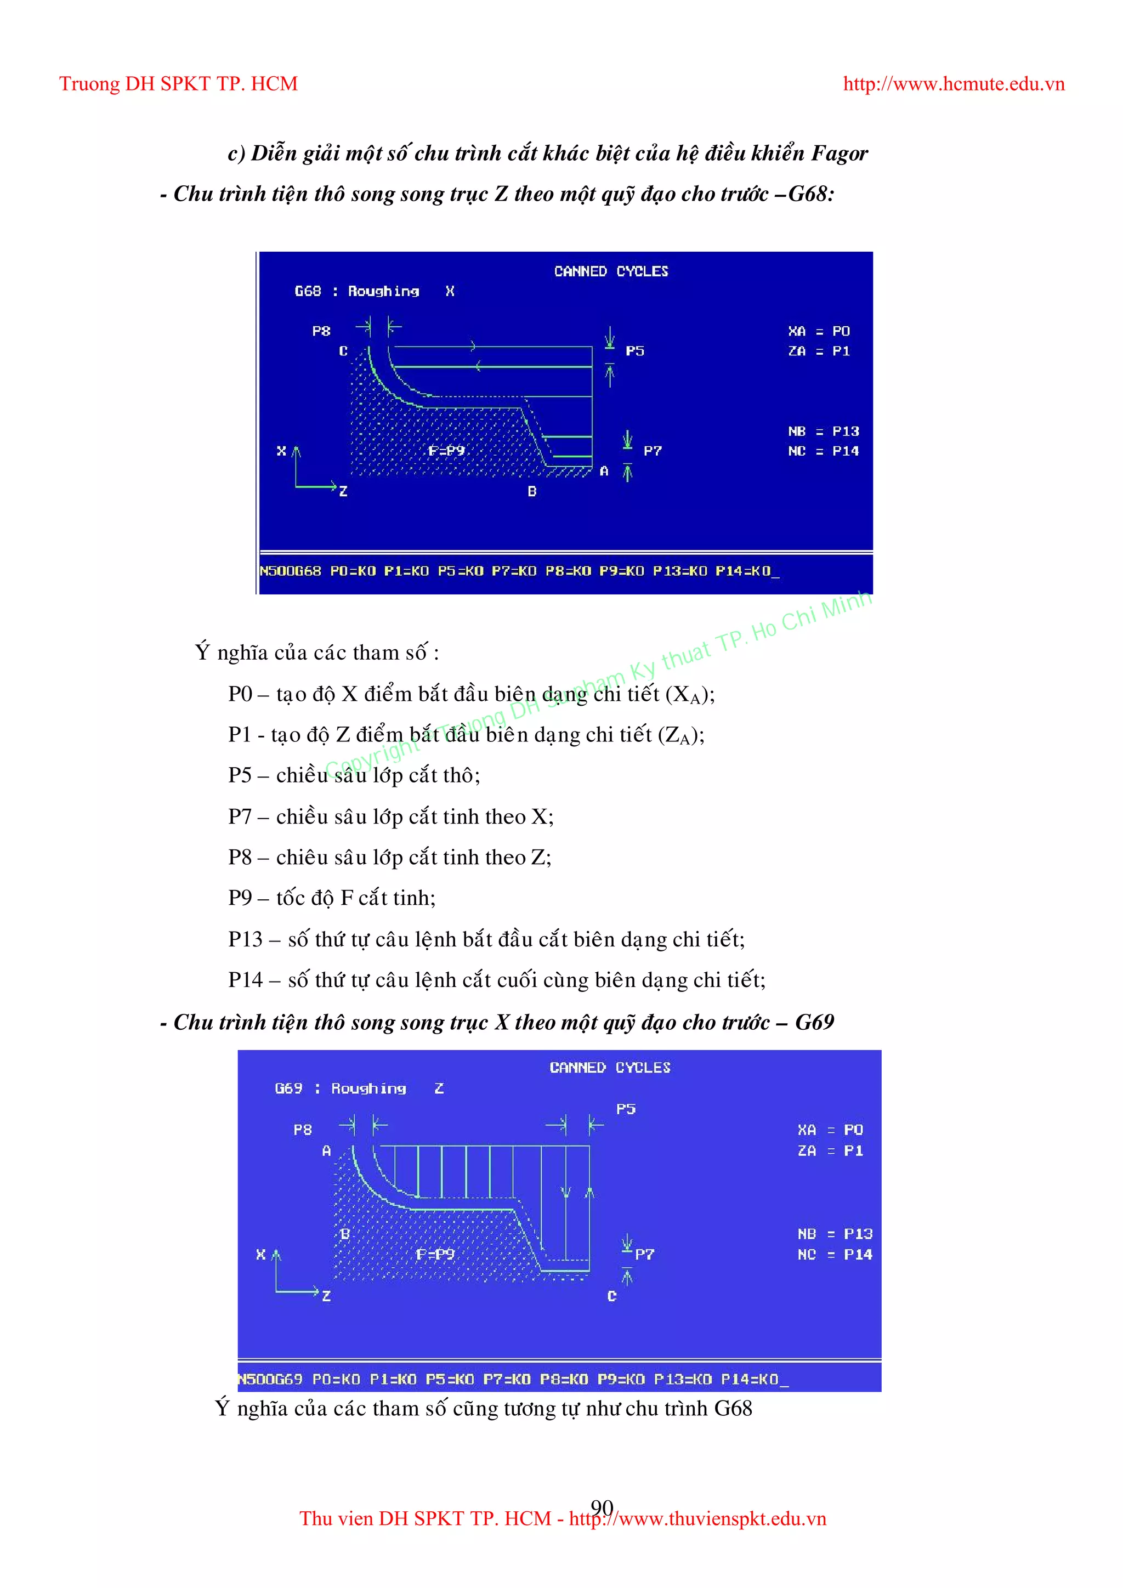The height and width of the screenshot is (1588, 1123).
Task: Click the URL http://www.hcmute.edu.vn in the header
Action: click(953, 84)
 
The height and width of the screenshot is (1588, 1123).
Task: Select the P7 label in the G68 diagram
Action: click(652, 451)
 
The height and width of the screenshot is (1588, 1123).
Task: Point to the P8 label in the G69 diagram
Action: click(302, 1130)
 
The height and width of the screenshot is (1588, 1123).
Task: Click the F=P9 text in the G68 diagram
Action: click(446, 451)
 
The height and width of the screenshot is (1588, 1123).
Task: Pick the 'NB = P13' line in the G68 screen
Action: click(823, 432)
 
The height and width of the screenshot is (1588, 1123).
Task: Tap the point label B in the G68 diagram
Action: click(532, 491)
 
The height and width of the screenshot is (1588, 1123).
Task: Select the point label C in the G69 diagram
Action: click(611, 1296)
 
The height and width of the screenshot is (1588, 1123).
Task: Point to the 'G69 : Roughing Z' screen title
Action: click(359, 1088)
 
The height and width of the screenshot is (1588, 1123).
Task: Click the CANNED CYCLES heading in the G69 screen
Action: click(610, 1068)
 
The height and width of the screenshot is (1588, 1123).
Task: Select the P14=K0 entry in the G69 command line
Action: click(750, 1379)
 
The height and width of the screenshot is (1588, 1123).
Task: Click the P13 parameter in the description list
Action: click(246, 939)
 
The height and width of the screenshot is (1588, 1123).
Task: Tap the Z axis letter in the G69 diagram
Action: click(326, 1296)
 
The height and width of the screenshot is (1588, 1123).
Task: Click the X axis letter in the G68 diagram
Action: click(281, 451)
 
